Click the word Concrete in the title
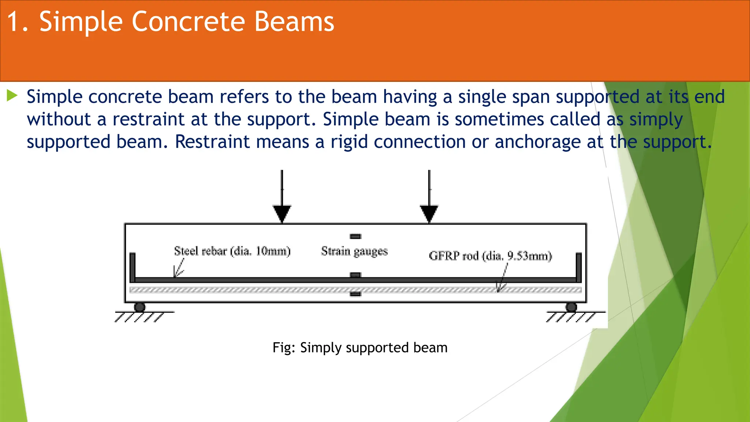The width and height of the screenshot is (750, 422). [188, 22]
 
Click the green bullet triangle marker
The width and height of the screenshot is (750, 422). [12, 96]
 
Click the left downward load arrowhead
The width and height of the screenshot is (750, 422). [282, 214]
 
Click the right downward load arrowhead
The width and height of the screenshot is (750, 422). [429, 214]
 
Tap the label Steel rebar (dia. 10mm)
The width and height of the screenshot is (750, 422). [232, 251]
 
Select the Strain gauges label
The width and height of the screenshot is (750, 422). [354, 251]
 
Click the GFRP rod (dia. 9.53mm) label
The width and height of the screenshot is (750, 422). [490, 256]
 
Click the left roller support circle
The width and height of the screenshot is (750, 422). [140, 307]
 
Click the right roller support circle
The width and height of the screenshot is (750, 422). [571, 307]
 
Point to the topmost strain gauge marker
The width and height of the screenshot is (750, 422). [355, 236]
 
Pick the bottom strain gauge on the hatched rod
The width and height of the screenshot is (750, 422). [355, 294]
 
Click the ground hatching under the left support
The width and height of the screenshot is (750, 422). [140, 317]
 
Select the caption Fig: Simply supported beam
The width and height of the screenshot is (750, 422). [360, 347]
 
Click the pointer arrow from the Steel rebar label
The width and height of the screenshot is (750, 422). [179, 269]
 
